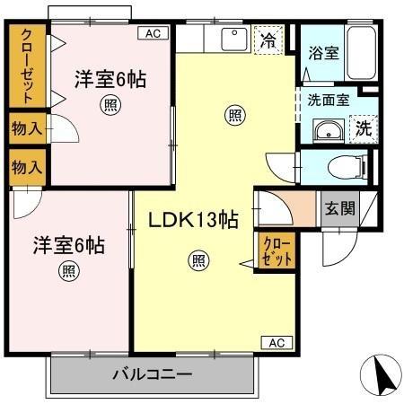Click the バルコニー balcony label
(x=152, y=374)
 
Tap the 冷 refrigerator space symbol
(x=268, y=40)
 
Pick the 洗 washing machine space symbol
(x=364, y=127)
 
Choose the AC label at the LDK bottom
(x=277, y=342)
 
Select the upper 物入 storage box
(x=26, y=128)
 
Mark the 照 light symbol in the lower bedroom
(x=68, y=271)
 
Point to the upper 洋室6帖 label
(x=109, y=79)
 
